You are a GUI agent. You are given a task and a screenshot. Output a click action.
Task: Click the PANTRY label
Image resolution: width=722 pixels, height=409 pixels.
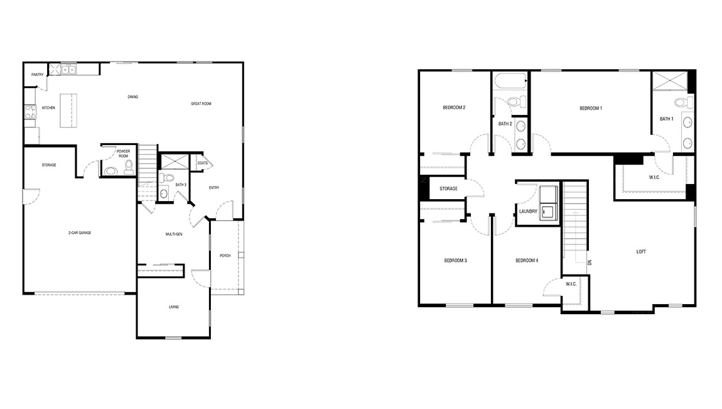tap(38, 75)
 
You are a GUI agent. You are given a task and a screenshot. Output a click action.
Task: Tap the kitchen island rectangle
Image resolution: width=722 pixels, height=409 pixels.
tap(70, 111)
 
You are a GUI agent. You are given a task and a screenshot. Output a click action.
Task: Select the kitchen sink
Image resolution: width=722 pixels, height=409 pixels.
tap(68, 69)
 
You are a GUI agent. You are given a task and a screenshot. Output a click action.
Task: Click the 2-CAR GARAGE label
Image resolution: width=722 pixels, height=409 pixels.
tap(80, 232)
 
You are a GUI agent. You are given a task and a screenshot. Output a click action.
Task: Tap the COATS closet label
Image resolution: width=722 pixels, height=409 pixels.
tap(202, 163)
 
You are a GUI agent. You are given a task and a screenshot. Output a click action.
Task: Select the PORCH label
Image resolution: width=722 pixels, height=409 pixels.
tap(225, 255)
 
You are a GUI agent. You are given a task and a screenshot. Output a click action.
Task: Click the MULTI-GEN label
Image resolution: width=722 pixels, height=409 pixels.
tap(174, 234)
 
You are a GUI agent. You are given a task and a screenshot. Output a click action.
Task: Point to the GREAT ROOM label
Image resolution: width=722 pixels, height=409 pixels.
tap(201, 104)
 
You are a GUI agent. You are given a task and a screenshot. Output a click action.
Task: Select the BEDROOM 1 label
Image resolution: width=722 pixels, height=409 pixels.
tap(590, 109)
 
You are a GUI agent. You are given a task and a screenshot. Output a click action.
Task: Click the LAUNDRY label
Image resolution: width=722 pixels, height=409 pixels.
tap(528, 211)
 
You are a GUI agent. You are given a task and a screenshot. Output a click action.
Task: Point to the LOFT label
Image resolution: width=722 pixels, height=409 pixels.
tap(641, 252)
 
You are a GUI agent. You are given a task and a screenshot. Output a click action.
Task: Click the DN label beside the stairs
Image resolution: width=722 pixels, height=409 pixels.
tap(590, 262)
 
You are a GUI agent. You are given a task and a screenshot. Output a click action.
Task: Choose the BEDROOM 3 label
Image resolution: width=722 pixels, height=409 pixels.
tap(455, 260)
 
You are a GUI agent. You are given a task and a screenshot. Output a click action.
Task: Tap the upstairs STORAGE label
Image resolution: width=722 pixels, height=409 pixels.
tap(448, 188)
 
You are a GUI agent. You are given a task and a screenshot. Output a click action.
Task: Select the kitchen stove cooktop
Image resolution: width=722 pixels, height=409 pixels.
tap(29, 111)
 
